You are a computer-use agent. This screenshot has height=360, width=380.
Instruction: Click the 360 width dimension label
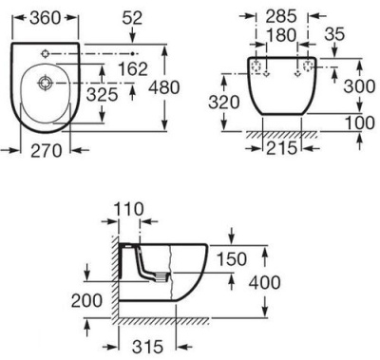(45, 18)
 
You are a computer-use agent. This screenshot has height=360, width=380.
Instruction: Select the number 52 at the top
(132, 18)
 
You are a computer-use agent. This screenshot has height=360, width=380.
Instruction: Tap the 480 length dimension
(164, 87)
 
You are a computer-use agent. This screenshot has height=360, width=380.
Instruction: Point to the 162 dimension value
(132, 68)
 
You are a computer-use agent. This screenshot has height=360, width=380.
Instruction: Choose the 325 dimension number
(102, 94)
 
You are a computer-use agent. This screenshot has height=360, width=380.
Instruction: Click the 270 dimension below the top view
(47, 151)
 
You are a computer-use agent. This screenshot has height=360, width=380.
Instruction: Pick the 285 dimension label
(281, 16)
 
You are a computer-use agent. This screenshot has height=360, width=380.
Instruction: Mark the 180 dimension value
(281, 35)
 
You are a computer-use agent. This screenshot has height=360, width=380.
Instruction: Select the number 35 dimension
(334, 34)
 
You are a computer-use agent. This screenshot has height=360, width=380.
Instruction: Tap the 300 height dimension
(359, 86)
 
